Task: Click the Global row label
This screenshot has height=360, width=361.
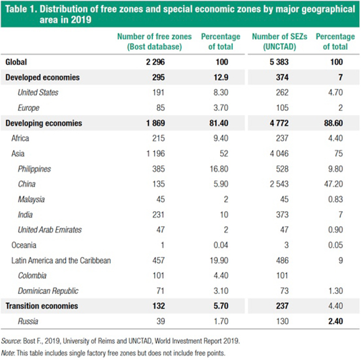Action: click(16, 62)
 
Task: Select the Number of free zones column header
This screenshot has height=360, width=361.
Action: click(154, 42)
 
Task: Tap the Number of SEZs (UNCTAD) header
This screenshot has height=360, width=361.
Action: click(279, 42)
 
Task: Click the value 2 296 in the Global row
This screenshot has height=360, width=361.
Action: click(156, 62)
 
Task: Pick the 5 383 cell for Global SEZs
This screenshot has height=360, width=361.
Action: click(279, 62)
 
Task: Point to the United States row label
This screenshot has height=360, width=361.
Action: click(38, 93)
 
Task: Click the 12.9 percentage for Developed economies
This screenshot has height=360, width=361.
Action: click(221, 77)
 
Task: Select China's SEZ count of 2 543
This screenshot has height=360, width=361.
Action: click(279, 184)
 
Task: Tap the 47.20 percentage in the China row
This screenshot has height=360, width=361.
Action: click(334, 184)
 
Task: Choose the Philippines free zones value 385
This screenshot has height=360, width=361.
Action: click(158, 169)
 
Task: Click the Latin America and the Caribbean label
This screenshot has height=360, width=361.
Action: click(61, 260)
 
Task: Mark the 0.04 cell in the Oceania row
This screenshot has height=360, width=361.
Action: click(221, 245)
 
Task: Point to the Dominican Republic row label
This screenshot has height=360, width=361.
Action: click(48, 291)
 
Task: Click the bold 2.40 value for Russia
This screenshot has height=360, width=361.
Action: click(335, 321)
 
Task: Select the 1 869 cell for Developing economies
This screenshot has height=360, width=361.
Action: click(156, 123)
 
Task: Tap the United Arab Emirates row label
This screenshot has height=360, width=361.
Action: click(50, 230)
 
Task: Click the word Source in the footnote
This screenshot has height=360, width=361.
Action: click(11, 341)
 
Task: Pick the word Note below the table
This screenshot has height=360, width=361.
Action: click(8, 353)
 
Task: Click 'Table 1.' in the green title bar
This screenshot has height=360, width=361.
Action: click(21, 9)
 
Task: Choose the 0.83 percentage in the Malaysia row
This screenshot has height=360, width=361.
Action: click(335, 199)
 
